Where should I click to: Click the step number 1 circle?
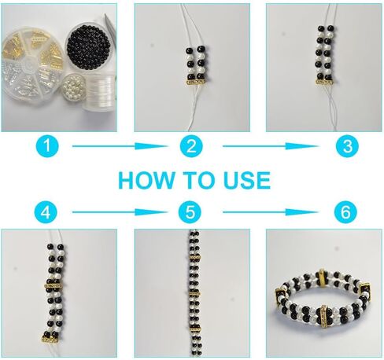click(x=47, y=146)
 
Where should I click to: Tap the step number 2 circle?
click(x=191, y=146)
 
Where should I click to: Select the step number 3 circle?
click(x=348, y=146)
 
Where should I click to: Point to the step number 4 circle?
click(x=46, y=212)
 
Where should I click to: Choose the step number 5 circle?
click(x=190, y=212)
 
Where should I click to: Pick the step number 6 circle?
click(x=345, y=212)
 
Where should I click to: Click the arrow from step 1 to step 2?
click(x=120, y=146)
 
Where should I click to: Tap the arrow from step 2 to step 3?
click(x=271, y=146)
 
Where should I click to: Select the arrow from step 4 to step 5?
click(x=120, y=212)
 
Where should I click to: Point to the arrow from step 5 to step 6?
click(x=271, y=212)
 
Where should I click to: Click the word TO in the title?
click(x=198, y=180)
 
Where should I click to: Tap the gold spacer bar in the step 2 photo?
click(x=195, y=83)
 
